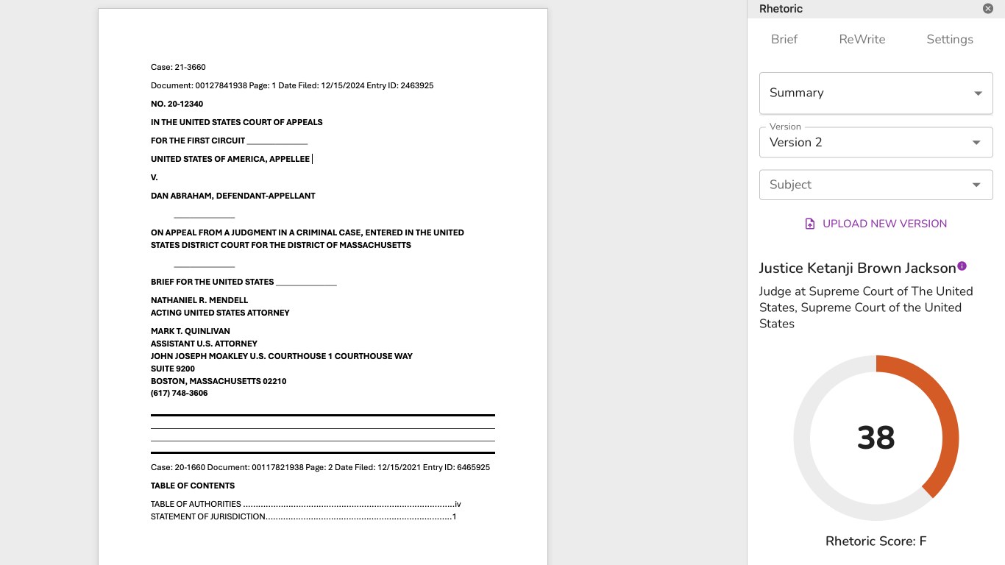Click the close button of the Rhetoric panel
tap(988, 9)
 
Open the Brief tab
tap(784, 40)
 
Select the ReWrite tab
tap(862, 40)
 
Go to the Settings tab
tap(949, 40)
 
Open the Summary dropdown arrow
tap(978, 93)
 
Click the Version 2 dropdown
tap(876, 143)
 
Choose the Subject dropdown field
tap(876, 185)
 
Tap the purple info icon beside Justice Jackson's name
tap(962, 266)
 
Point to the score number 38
tap(876, 438)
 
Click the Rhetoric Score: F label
tap(876, 541)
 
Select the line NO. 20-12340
tap(177, 104)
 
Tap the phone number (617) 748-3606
tap(179, 394)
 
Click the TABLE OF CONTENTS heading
tap(193, 486)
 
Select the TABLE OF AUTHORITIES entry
tap(196, 505)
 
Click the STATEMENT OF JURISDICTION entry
tap(207, 517)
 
